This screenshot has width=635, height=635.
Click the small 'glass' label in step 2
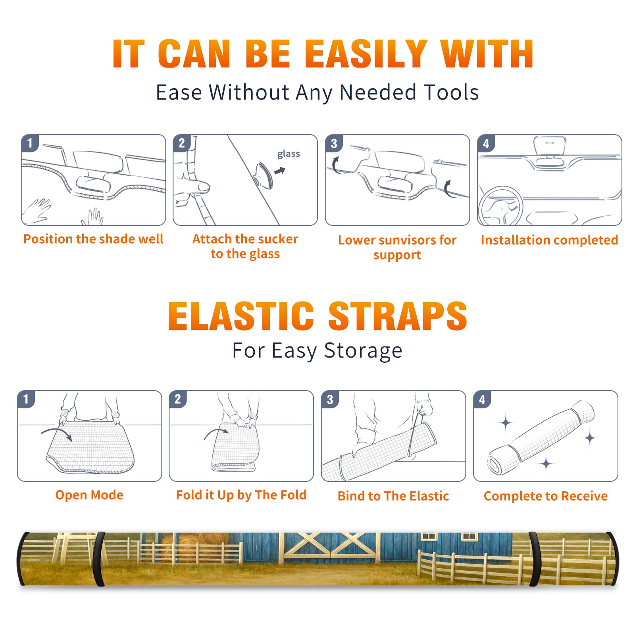tap(289, 154)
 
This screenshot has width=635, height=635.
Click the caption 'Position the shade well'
tap(93, 239)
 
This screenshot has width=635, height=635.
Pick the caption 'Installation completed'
tap(549, 240)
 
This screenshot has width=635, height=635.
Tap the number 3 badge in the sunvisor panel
tap(334, 143)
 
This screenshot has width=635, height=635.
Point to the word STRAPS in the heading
tap(398, 316)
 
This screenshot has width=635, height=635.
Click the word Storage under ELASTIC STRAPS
tap(363, 351)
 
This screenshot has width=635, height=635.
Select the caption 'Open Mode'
tap(89, 495)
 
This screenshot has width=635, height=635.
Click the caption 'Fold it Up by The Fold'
tap(241, 495)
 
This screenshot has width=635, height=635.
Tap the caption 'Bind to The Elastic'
tap(393, 496)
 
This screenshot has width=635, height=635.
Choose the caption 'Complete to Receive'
tap(546, 496)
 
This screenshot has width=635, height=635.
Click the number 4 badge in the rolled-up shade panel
tap(482, 399)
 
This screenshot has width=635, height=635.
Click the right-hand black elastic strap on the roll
tap(535, 559)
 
